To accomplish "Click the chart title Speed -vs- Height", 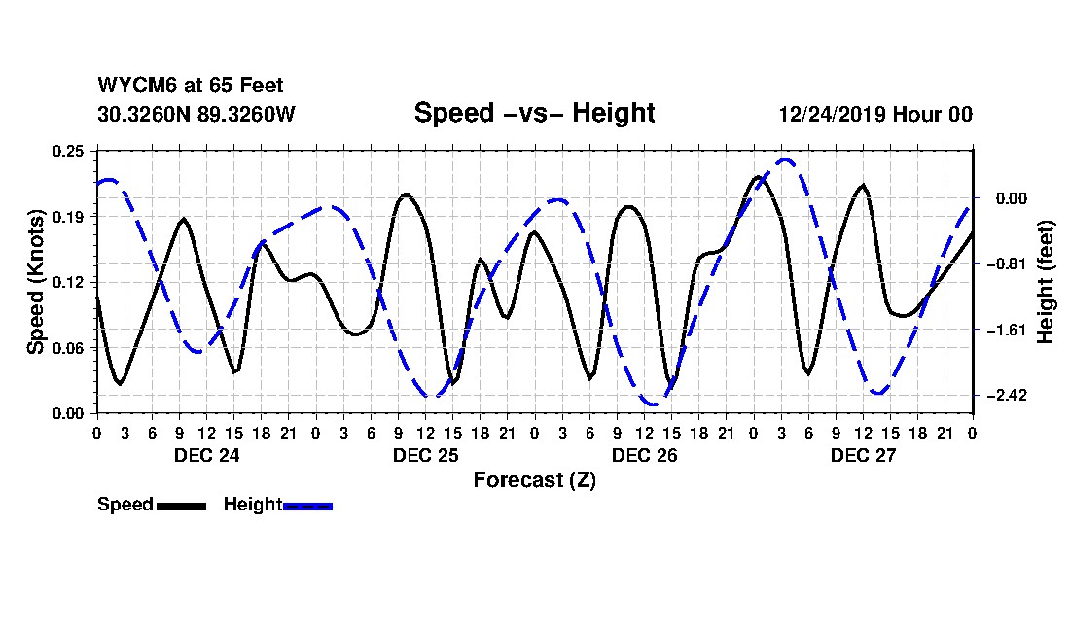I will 534,113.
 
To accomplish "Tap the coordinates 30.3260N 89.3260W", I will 196,114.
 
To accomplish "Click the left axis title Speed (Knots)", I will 36,282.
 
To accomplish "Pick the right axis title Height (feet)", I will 1046,282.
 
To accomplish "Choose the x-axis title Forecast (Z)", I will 534,479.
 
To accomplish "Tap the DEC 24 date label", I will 206,455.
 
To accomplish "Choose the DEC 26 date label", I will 644,455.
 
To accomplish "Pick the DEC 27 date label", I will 863,455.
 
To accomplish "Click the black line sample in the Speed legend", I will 181,506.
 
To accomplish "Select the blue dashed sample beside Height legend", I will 307,506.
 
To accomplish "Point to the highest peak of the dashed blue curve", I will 785,159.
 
